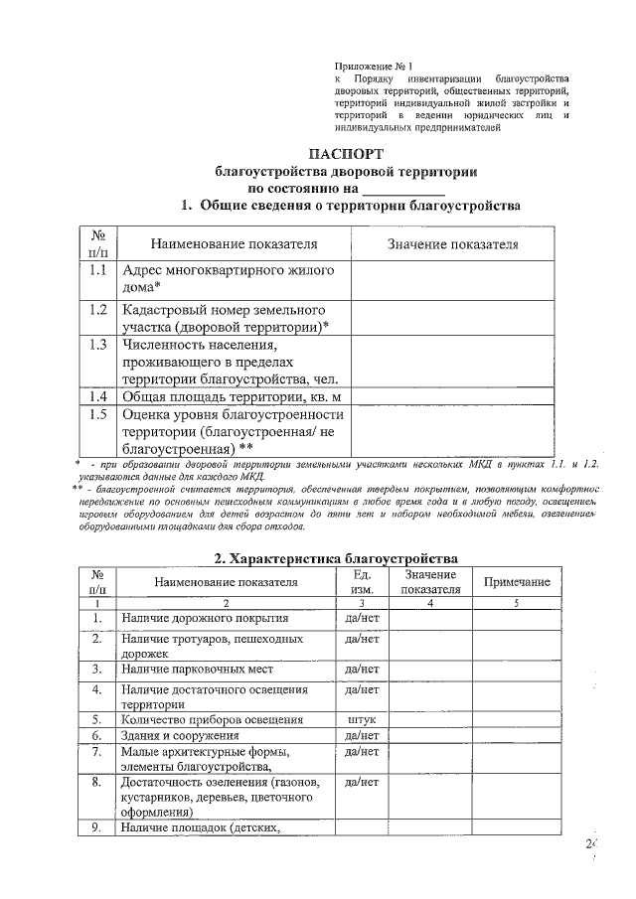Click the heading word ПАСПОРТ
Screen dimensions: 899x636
[344, 154]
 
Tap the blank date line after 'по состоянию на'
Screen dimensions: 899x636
[402, 188]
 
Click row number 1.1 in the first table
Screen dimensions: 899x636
[97, 269]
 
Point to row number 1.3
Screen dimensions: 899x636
[97, 345]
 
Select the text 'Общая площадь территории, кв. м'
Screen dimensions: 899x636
[224, 396]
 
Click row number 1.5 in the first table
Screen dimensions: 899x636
[97, 414]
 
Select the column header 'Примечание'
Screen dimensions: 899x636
[516, 582]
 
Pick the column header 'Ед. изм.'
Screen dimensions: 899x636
[363, 582]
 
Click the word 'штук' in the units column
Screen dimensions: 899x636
[363, 719]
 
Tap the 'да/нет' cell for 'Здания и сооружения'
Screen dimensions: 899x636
[363, 736]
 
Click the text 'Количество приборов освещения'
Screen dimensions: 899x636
[213, 719]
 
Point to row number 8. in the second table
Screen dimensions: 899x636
[97, 783]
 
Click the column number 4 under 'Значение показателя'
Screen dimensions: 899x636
[430, 603]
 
